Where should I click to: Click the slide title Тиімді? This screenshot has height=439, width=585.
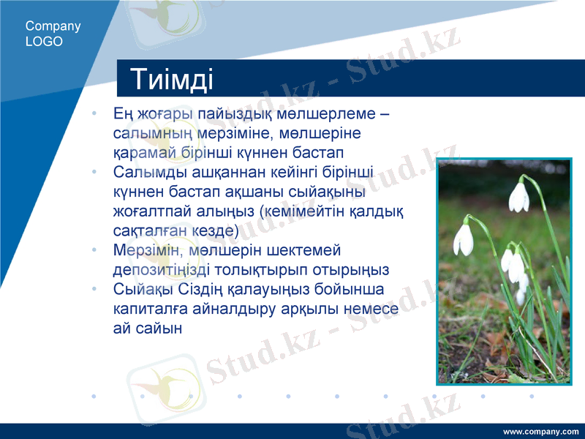tap(172, 79)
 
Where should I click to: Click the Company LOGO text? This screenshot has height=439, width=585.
tap(53, 34)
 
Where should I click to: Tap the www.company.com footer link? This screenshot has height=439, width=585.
tap(540, 431)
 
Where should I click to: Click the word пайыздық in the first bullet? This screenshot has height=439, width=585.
tap(234, 115)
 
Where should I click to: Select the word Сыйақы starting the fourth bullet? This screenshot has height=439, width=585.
tap(143, 289)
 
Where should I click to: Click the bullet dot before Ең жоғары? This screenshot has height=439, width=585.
tap(94, 115)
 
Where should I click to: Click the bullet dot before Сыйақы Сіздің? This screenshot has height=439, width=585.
tap(94, 289)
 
